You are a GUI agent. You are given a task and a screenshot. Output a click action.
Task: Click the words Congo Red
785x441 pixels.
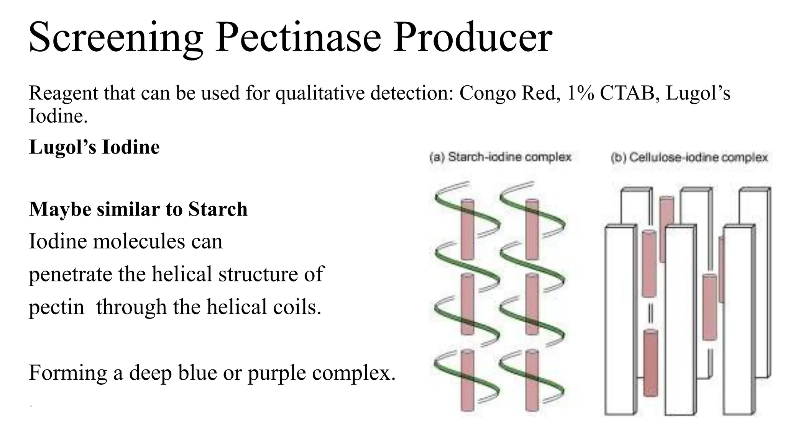tap(507, 93)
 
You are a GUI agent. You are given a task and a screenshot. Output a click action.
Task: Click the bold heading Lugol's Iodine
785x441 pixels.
tap(94, 147)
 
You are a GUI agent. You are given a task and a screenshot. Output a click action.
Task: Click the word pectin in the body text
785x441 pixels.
tap(56, 307)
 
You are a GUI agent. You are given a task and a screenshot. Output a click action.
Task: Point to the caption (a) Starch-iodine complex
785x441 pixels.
tap(500, 157)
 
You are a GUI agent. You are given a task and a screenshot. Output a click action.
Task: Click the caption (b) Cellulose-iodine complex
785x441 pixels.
tap(689, 157)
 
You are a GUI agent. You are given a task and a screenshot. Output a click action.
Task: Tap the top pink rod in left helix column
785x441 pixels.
tap(467, 229)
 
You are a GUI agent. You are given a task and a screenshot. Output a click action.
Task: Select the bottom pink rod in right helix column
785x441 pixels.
tap(532, 380)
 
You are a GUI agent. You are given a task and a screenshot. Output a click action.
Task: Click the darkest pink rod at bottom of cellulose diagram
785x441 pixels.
tap(650, 363)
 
